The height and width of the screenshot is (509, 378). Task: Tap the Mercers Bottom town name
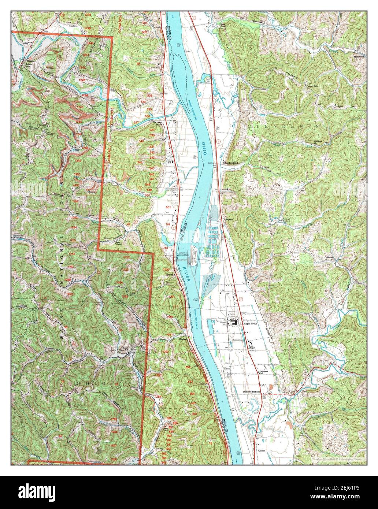point(251,392)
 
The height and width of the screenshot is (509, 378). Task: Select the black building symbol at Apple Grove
point(233,323)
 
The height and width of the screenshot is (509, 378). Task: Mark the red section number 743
point(166,248)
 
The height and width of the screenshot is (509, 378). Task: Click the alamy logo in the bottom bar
point(33,491)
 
